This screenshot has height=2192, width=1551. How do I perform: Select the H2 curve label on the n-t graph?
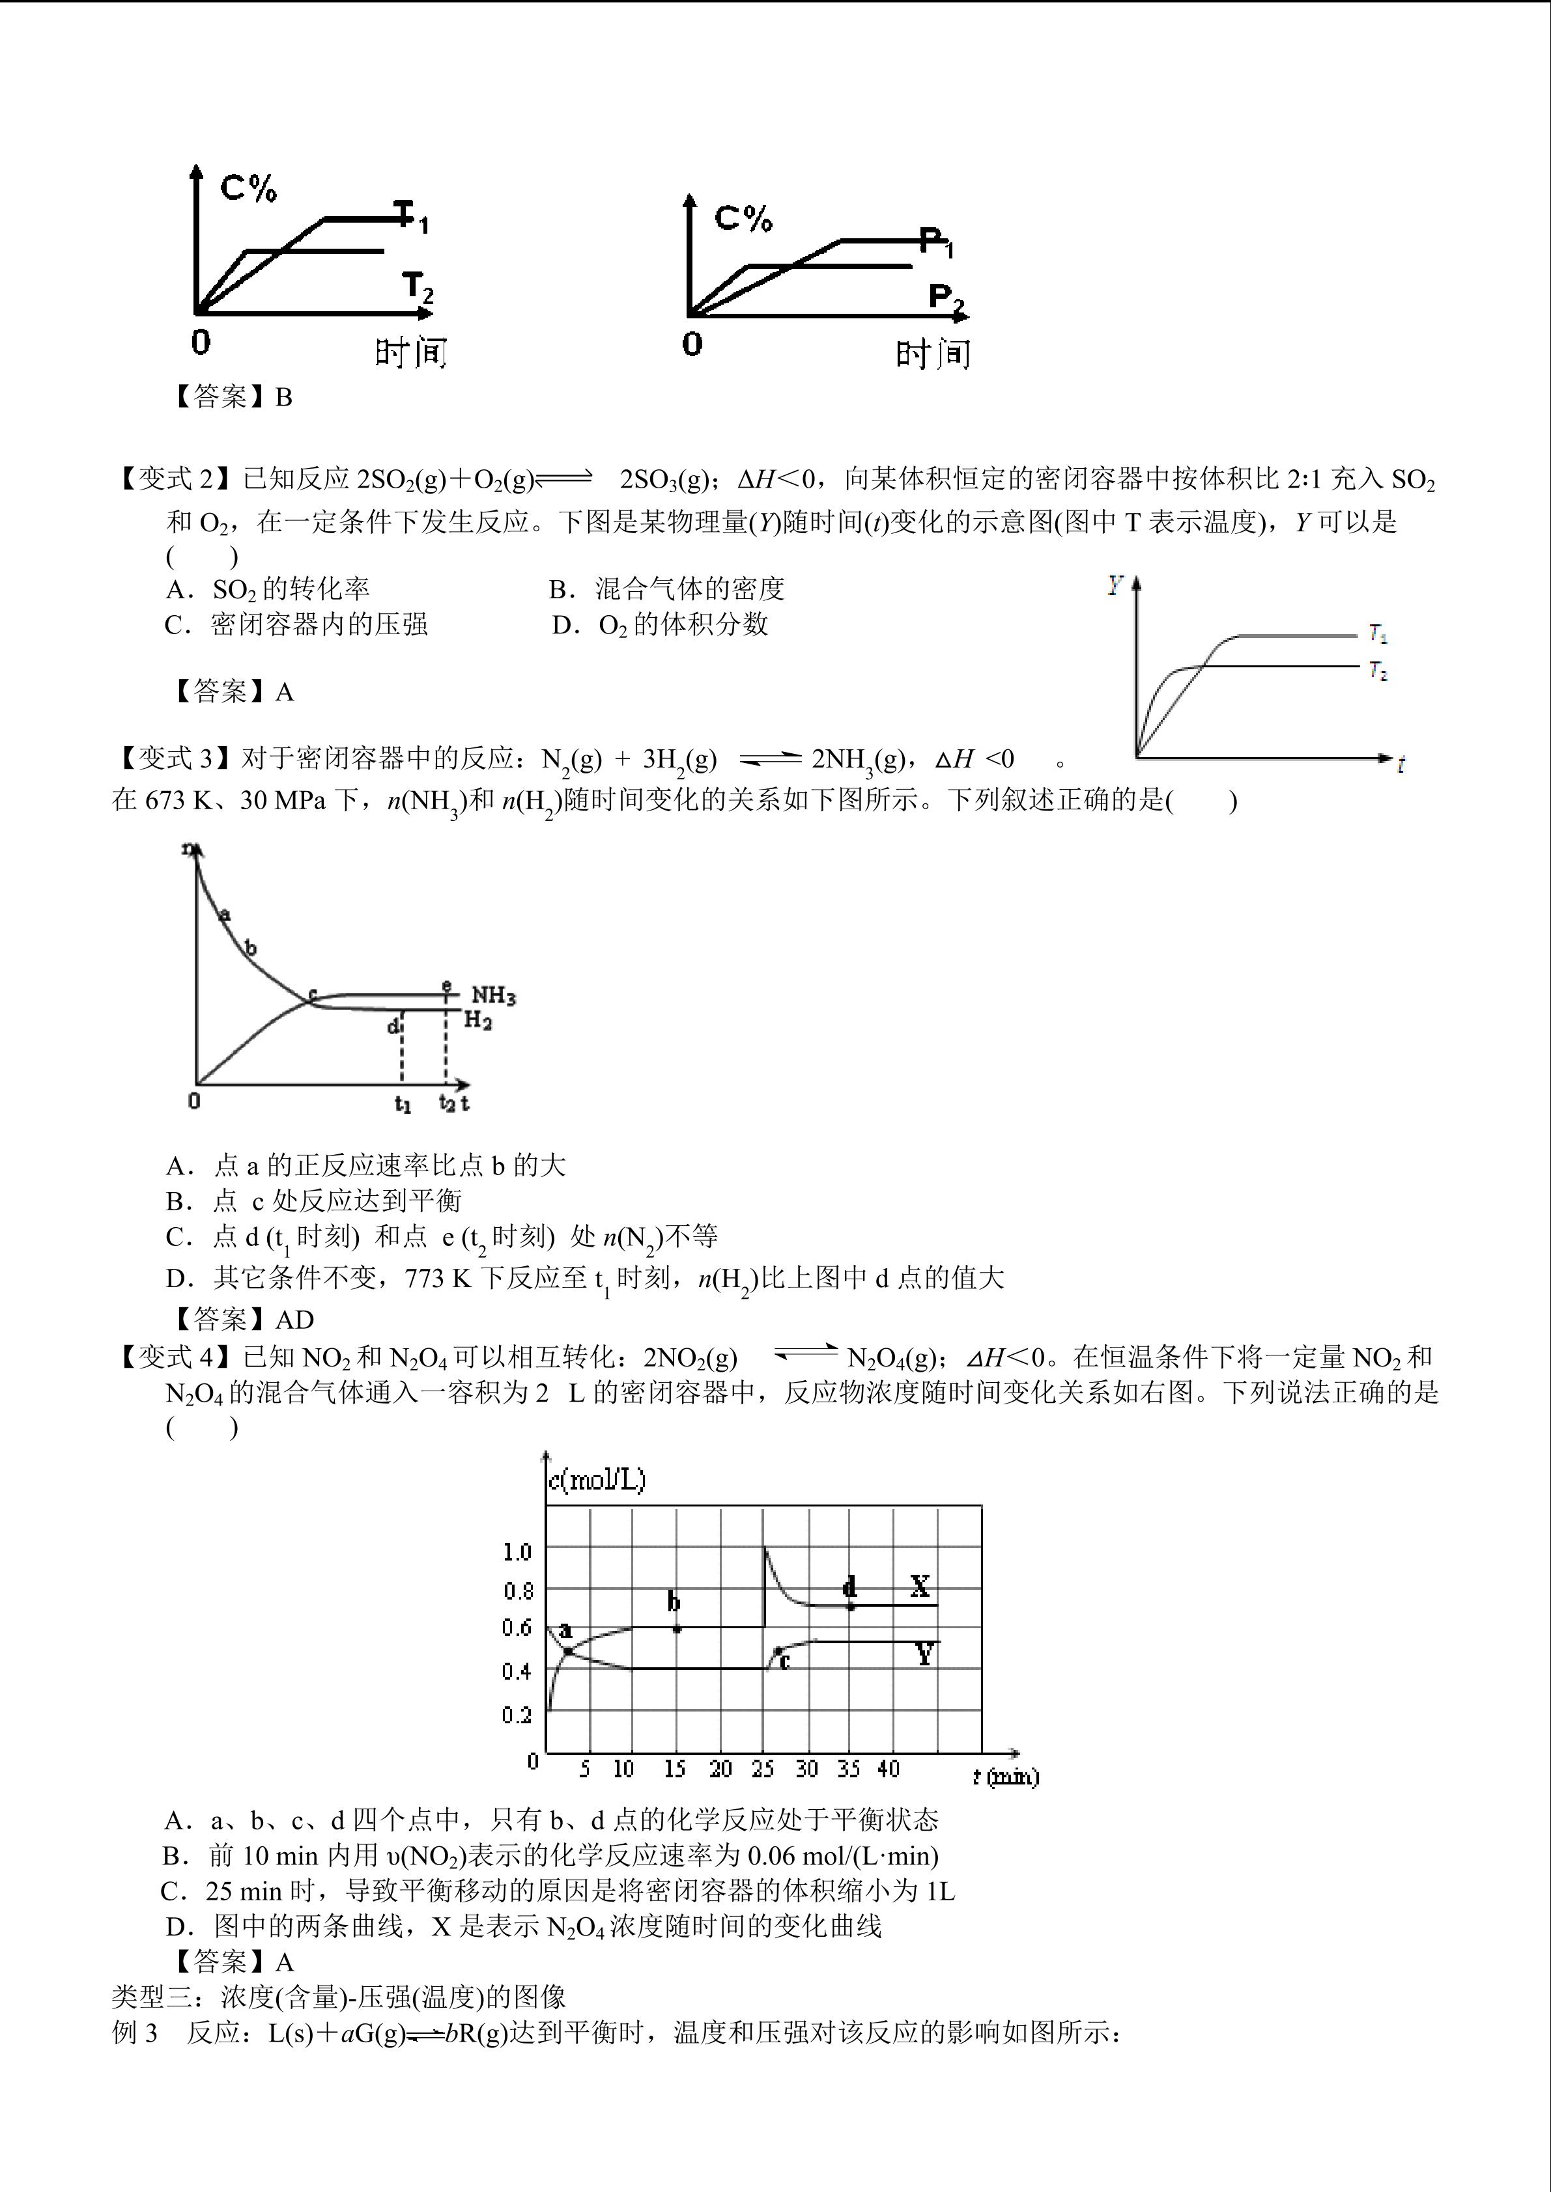[x=477, y=1021]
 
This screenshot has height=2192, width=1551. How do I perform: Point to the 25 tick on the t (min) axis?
[x=762, y=1769]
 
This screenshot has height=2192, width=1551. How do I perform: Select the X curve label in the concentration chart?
[x=920, y=1587]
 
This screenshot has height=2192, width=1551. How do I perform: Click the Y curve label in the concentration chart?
[x=924, y=1654]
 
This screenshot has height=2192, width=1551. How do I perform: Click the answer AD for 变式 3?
[x=294, y=1320]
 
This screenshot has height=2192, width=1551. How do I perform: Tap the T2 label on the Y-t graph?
[x=1377, y=671]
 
